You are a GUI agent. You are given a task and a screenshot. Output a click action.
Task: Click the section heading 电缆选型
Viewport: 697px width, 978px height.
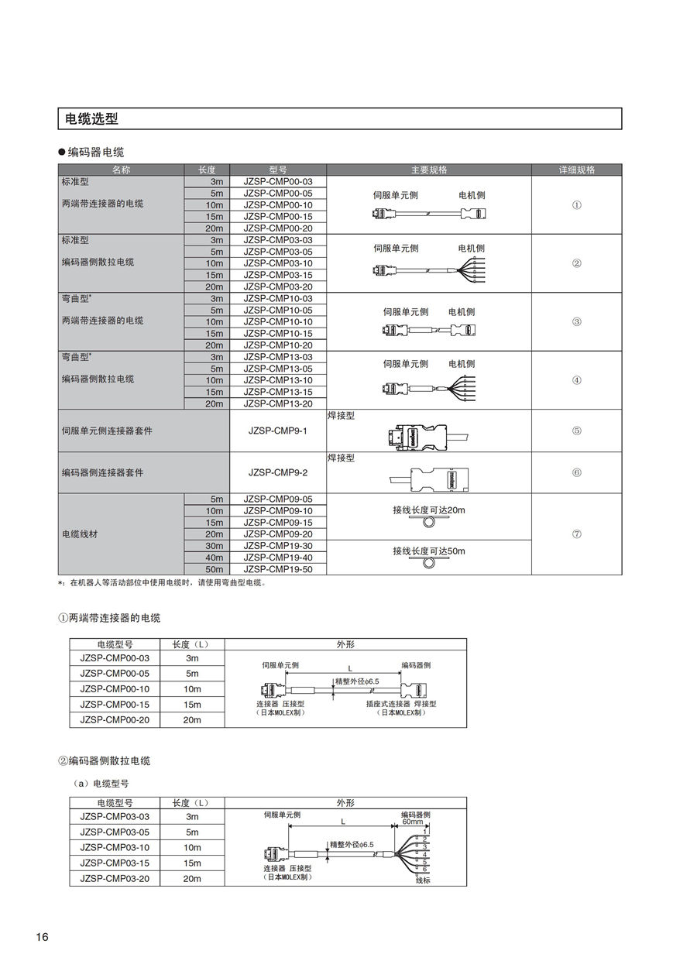point(92,119)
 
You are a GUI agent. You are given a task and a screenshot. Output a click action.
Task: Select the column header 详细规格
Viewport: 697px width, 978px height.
point(576,170)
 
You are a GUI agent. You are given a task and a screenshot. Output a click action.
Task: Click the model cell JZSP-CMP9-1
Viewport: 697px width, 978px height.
point(278,431)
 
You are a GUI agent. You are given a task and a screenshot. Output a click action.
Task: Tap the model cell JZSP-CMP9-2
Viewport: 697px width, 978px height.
point(278,472)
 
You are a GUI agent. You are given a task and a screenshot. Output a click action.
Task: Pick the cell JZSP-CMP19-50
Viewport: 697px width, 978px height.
point(278,569)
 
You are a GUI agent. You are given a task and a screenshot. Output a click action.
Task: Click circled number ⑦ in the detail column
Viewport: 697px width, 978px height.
point(576,534)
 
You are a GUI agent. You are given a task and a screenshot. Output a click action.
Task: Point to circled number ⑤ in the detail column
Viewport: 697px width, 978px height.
point(576,431)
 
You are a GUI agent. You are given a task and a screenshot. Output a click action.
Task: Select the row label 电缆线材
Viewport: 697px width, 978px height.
point(80,534)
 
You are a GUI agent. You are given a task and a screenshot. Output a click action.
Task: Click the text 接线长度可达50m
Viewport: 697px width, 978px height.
point(429,551)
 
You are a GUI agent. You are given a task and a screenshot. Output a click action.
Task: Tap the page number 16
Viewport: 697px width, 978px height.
point(42,938)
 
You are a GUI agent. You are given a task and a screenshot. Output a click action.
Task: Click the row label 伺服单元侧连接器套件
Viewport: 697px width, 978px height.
point(107,431)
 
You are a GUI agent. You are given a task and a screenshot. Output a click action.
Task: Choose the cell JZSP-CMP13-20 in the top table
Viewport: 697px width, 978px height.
point(278,403)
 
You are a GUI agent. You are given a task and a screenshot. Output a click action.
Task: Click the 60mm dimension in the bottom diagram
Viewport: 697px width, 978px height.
point(412,822)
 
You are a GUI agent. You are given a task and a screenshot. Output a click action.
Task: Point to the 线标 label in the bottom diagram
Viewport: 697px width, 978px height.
point(423,880)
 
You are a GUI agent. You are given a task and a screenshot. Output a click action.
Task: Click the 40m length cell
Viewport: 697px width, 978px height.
point(214,558)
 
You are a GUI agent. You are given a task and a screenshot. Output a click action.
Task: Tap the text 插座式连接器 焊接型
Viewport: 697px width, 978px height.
point(401,704)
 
